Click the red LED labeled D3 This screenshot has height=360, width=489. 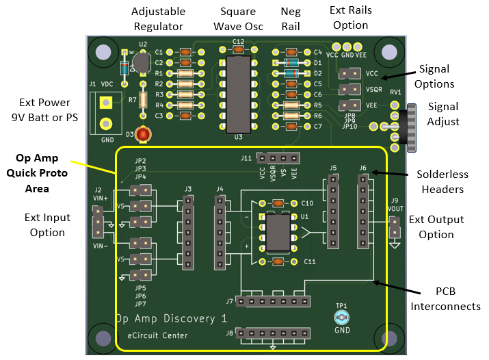pos(142,135)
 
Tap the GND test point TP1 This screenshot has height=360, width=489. pos(342,317)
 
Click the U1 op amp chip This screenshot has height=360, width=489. pos(278,233)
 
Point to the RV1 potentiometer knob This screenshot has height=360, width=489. pos(410,128)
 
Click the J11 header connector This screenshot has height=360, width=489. pos(278,157)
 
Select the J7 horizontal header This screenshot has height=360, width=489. pos(272,300)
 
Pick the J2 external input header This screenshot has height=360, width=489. pos(98,221)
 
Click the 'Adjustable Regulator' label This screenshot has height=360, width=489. pos(157,19)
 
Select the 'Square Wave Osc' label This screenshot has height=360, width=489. pos(238,19)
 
